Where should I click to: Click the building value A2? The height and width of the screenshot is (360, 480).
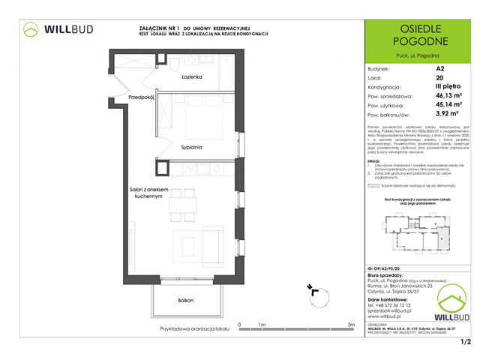439,68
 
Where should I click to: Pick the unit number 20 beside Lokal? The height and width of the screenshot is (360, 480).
439,78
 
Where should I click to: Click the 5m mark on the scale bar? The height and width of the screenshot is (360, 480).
352,325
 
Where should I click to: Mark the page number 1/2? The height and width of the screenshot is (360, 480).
465,343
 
